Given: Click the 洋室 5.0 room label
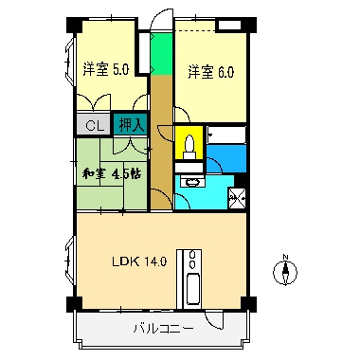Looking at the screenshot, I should tap(105, 69).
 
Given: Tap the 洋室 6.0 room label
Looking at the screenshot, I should tap(209, 71).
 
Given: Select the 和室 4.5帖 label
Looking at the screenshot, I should tap(111, 173).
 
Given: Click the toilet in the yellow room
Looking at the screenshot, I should tap(189, 146).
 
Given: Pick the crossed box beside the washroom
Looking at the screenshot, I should tap(237, 198).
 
